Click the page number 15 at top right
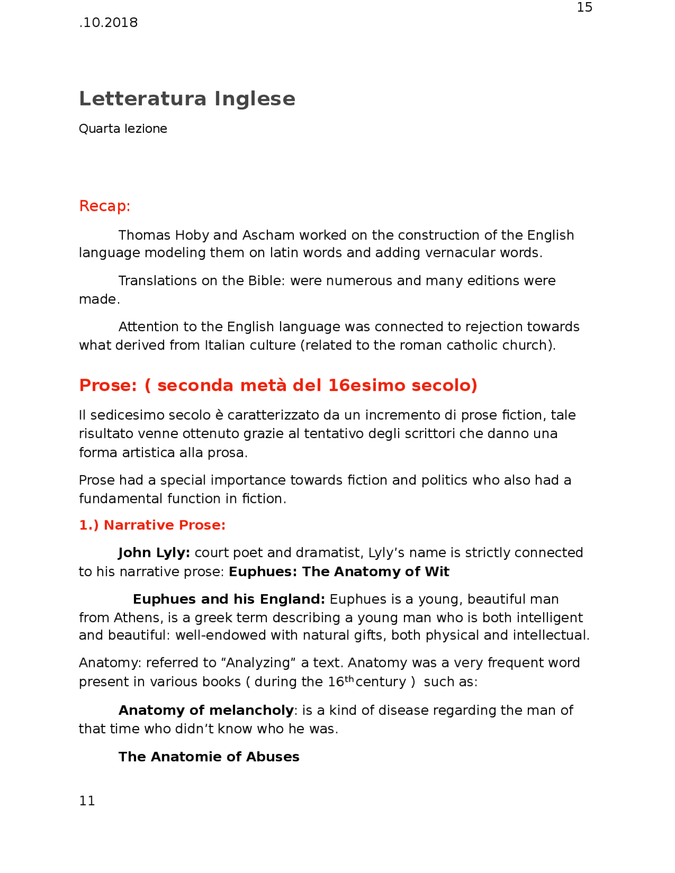point(584,7)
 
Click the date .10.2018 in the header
point(109,23)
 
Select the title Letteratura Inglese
point(187,99)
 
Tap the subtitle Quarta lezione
point(123,129)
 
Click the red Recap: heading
point(104,206)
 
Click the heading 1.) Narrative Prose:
point(152,525)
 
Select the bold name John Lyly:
point(154,552)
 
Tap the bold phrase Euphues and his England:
point(229,599)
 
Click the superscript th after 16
point(349,678)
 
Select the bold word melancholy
point(251,711)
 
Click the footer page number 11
point(87,801)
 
